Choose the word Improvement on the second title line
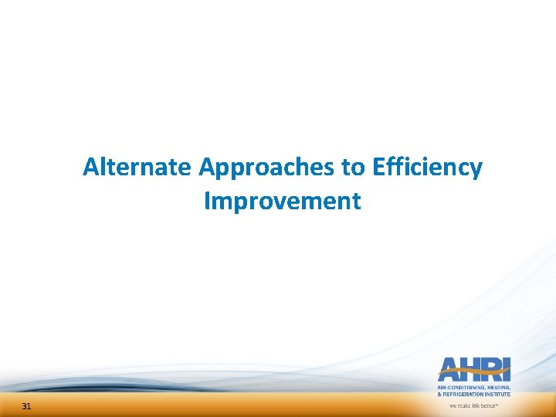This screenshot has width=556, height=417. tap(282, 202)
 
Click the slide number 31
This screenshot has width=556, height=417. tap(26, 407)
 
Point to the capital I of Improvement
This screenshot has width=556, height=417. tap(208, 202)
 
